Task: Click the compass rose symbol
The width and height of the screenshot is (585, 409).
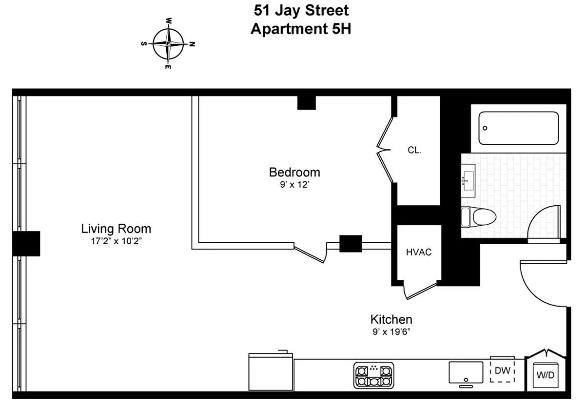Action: point(168,44)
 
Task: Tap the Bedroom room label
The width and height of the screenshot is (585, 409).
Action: point(294,172)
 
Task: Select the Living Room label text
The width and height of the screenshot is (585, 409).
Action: point(116,228)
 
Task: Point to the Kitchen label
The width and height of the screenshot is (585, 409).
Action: point(391,319)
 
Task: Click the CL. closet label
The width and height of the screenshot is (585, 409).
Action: point(414,150)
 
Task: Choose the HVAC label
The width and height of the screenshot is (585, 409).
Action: point(419,252)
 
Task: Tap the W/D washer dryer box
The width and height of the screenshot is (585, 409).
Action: point(546,375)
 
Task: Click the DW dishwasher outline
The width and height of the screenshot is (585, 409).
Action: point(503,371)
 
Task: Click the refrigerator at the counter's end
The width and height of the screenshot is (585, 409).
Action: point(271,371)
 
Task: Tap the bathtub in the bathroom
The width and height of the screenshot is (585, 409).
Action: point(518,128)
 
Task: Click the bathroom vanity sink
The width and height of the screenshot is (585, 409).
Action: point(468,181)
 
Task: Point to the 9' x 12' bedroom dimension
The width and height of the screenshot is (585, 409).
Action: point(294,185)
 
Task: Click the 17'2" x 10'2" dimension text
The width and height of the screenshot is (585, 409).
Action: point(116,240)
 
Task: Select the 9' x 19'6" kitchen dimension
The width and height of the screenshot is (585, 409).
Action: point(391,332)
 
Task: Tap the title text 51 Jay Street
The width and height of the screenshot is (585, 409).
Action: point(301,10)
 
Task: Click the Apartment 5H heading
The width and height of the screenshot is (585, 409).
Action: point(301,29)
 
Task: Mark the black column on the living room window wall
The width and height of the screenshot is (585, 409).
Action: point(26,243)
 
